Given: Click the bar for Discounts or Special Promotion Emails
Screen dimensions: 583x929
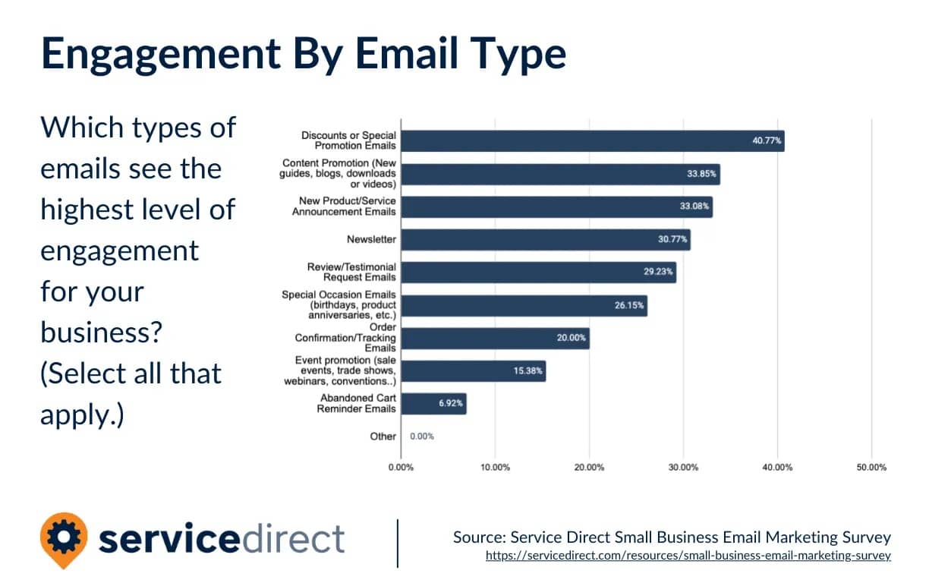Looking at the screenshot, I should click(x=592, y=141).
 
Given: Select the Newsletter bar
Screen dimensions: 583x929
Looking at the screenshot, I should click(x=545, y=240).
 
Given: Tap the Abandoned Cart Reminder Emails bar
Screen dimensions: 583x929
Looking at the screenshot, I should click(x=433, y=404).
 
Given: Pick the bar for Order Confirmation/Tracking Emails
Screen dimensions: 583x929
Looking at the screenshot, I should click(x=495, y=339).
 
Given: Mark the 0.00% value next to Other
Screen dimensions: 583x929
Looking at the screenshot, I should click(x=422, y=436).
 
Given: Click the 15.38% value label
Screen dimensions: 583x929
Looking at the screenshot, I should click(x=523, y=371).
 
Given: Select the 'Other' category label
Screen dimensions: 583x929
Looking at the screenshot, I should click(x=383, y=436).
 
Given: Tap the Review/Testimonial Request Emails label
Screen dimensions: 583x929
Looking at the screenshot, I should click(x=351, y=273).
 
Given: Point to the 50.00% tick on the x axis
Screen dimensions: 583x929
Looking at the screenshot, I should click(x=871, y=468).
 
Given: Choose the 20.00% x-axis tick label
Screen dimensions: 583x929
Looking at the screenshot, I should click(x=589, y=468).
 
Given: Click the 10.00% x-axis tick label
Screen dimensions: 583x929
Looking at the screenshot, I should click(x=495, y=468).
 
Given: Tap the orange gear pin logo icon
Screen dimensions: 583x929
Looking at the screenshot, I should click(x=64, y=537).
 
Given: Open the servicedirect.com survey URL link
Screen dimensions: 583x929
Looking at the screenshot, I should click(x=688, y=556).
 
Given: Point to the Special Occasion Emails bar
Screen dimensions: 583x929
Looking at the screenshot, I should click(x=524, y=306).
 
